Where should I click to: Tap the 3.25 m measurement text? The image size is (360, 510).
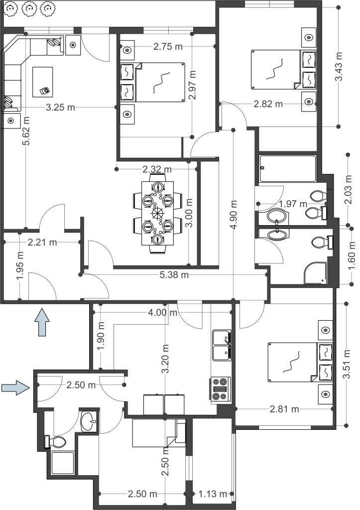[x=60, y=107]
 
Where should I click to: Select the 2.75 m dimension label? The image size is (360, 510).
[x=168, y=46]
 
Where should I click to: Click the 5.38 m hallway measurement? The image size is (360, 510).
[x=174, y=275]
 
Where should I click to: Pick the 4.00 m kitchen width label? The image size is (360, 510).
[x=163, y=313]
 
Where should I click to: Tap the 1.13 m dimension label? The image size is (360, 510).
[x=213, y=494]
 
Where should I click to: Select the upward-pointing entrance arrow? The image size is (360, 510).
[x=42, y=322]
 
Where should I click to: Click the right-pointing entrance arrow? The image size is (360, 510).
[x=16, y=387]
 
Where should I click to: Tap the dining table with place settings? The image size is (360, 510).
[x=158, y=213]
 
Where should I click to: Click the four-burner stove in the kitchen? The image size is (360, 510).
[x=221, y=388]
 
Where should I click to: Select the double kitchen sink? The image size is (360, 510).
[x=222, y=345]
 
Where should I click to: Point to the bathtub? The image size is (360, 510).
[x=287, y=168]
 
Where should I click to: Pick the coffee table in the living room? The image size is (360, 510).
[x=43, y=82]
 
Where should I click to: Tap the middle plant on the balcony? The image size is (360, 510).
[x=29, y=9]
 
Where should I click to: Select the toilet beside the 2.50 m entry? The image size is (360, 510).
[x=56, y=441]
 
